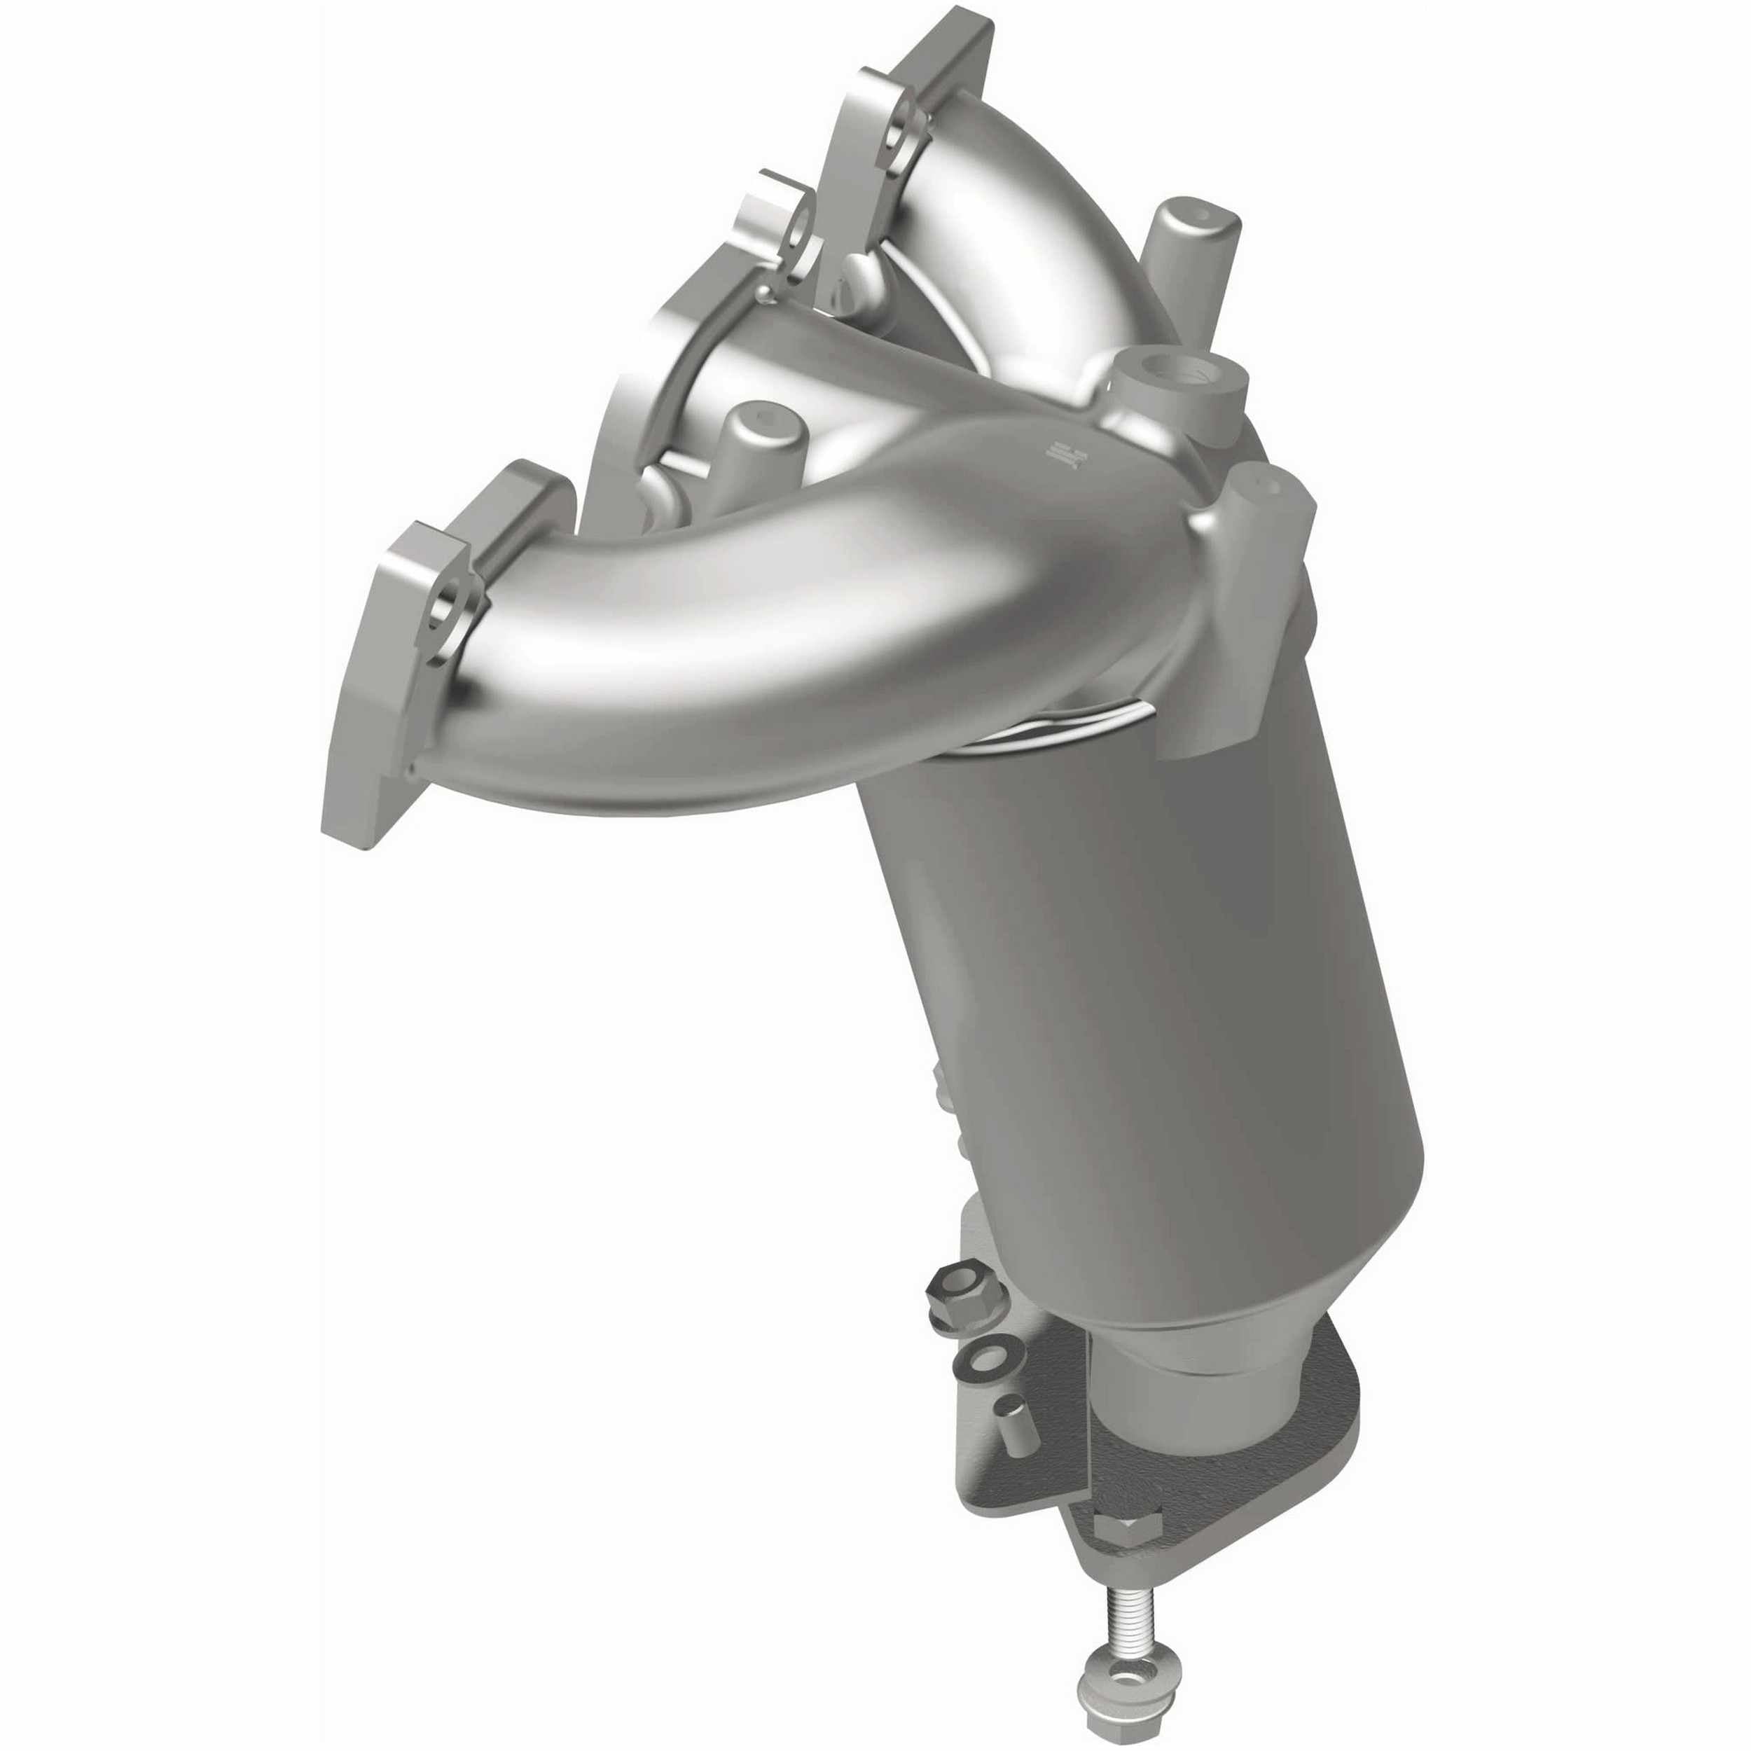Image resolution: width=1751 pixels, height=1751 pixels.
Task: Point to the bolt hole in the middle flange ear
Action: [x=796, y=234]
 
